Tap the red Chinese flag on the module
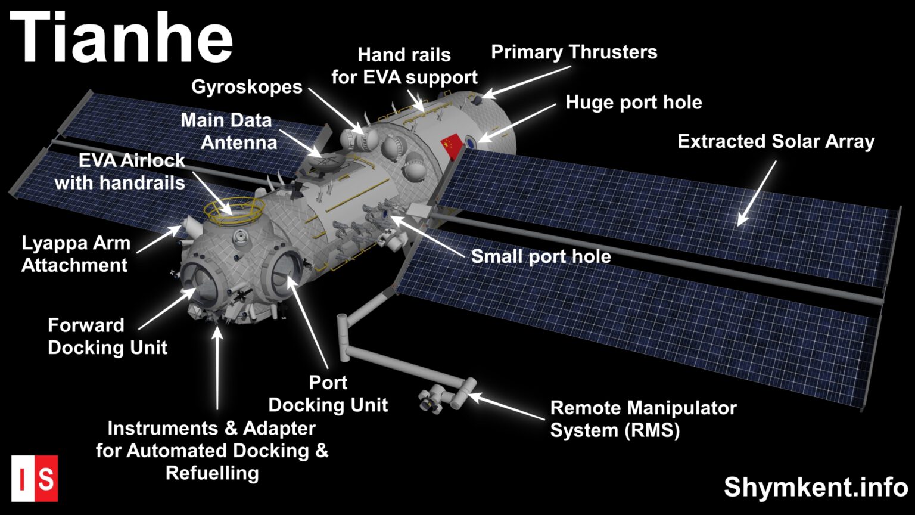point(451,144)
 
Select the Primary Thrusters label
point(574,52)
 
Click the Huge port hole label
point(633,103)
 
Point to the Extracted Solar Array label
point(776,142)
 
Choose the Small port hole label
point(541,256)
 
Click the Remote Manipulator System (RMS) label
point(643,419)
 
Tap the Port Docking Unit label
point(328,393)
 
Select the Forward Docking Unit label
point(107,336)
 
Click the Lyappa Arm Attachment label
point(76,254)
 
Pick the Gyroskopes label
point(247,87)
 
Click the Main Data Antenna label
point(229,131)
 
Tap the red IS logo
point(35,479)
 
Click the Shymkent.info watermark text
point(816,487)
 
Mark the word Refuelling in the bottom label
point(212,473)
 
